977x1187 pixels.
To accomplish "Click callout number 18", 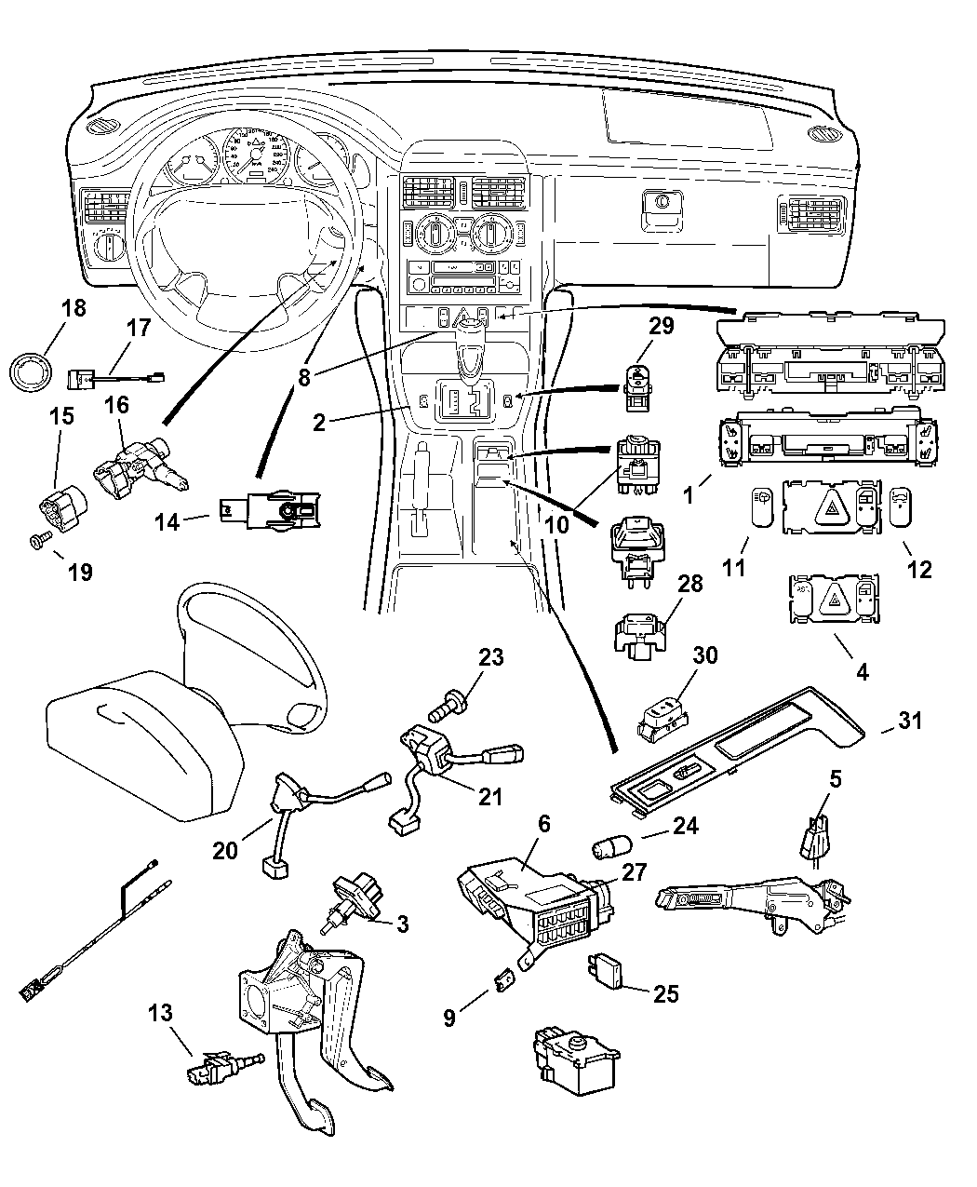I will pyautogui.click(x=74, y=308).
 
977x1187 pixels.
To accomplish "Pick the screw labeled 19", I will pyautogui.click(x=40, y=539).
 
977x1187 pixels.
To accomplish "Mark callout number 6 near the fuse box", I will pyautogui.click(x=543, y=823).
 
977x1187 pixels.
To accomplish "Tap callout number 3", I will pyautogui.click(x=402, y=924).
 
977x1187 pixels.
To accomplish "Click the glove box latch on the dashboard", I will pyautogui.click(x=663, y=204).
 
